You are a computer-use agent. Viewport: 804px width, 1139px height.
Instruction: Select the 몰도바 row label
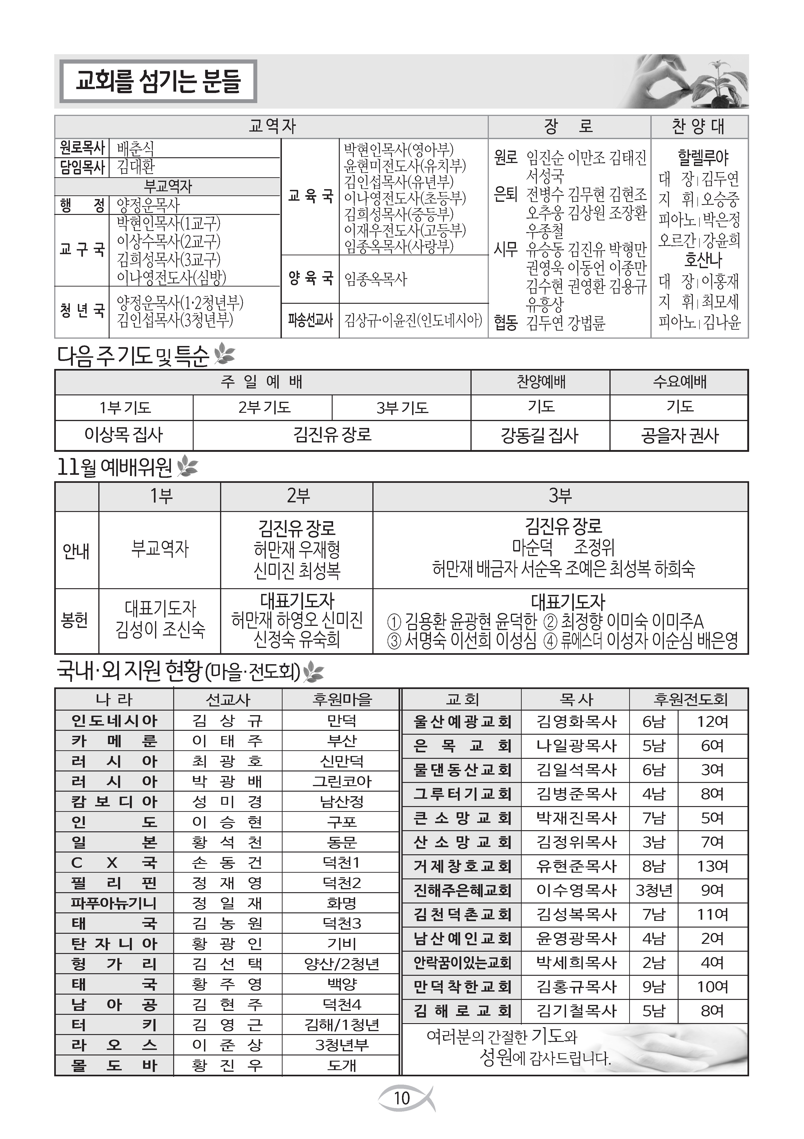click(114, 1065)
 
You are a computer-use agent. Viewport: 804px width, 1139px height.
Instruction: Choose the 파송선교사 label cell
click(310, 320)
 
